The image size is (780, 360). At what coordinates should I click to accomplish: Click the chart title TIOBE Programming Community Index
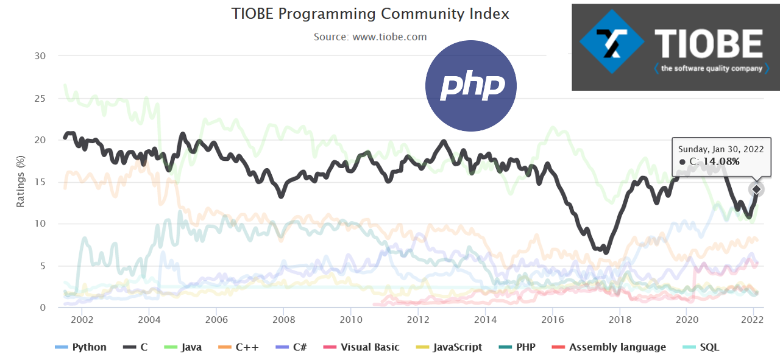pyautogui.click(x=370, y=14)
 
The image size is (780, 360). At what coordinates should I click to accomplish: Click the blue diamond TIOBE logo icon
pyautogui.click(x=611, y=46)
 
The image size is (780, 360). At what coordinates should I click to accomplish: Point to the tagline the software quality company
pyautogui.click(x=711, y=68)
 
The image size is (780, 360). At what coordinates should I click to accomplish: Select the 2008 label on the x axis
pyautogui.click(x=283, y=319)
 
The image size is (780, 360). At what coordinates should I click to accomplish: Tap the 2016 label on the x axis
pyautogui.click(x=552, y=319)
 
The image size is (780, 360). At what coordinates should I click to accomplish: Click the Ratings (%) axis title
pyautogui.click(x=21, y=182)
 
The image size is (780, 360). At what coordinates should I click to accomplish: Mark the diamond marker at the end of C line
pyautogui.click(x=756, y=189)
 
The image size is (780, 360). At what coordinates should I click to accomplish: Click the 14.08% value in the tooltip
pyautogui.click(x=721, y=161)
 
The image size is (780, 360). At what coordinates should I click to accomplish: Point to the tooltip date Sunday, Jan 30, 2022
pyautogui.click(x=721, y=149)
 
